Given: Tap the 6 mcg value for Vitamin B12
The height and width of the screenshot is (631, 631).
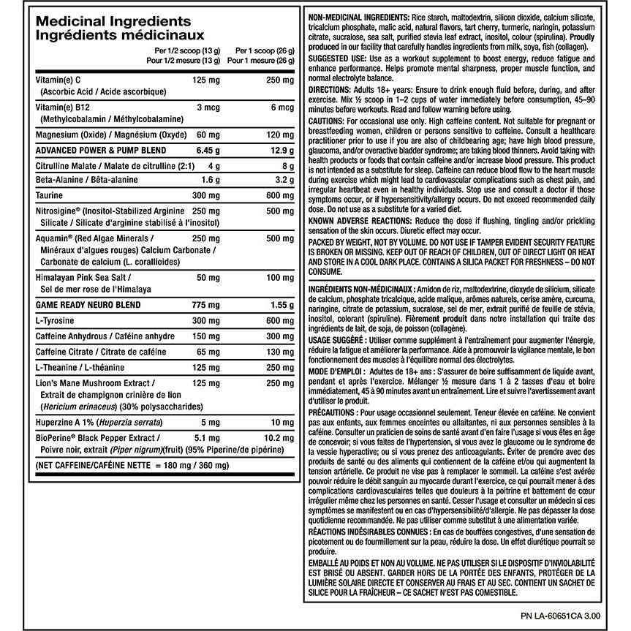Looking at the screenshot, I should pos(268,107).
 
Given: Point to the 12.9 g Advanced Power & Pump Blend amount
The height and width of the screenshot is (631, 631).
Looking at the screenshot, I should pos(265,149).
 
